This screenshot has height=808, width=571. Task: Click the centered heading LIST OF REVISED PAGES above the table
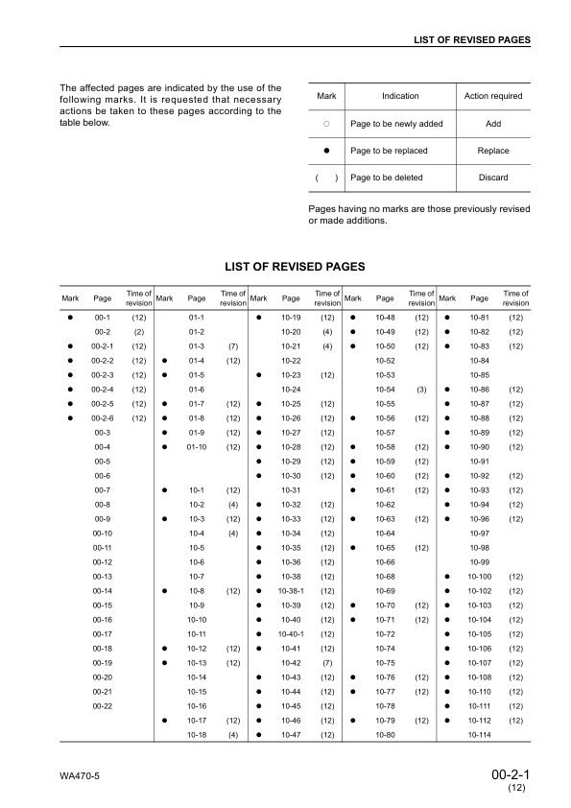click(294, 266)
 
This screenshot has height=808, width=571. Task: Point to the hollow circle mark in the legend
click(326, 124)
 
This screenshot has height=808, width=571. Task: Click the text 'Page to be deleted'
click(387, 178)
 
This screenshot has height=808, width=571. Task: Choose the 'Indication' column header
click(400, 96)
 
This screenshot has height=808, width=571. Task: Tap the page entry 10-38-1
click(292, 590)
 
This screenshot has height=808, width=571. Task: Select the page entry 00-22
click(103, 705)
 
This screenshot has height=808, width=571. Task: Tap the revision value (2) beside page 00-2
click(138, 331)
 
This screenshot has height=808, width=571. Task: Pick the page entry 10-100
click(480, 576)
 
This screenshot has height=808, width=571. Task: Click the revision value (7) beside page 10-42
click(327, 662)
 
